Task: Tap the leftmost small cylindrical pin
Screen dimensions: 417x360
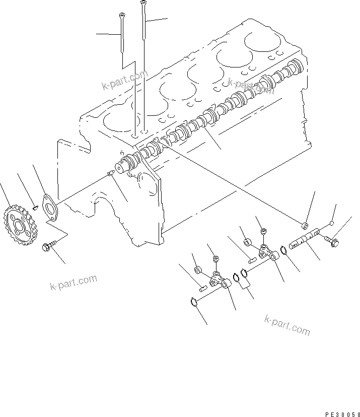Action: (201, 289)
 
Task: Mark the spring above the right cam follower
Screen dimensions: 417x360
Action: (262, 232)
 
